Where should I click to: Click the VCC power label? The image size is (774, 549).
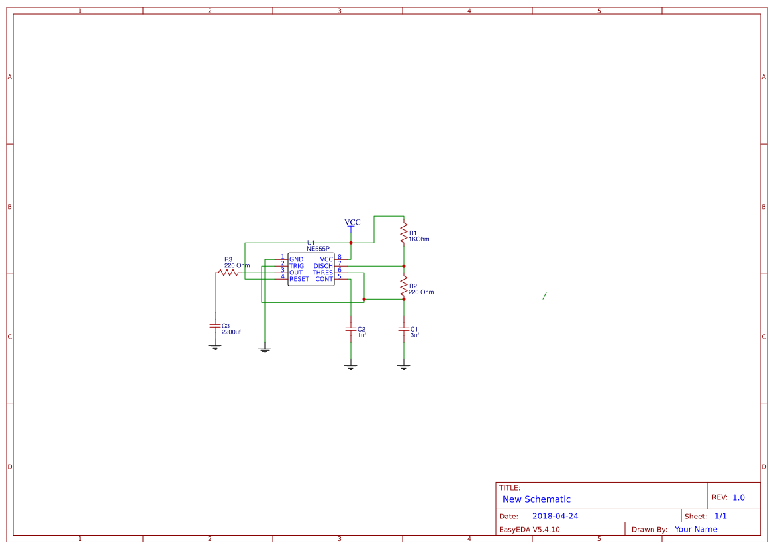[352, 222]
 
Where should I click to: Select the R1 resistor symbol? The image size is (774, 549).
[404, 232]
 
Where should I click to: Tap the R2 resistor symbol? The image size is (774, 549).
[404, 286]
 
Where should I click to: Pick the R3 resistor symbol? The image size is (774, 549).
[228, 273]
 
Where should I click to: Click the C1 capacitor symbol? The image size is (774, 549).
[404, 329]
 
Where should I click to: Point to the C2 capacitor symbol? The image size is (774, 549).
[351, 329]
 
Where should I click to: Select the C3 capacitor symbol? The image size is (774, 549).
[215, 326]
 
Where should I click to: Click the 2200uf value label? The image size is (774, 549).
[231, 332]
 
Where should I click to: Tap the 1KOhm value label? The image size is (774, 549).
[418, 239]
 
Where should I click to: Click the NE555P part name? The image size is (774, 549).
[318, 249]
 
